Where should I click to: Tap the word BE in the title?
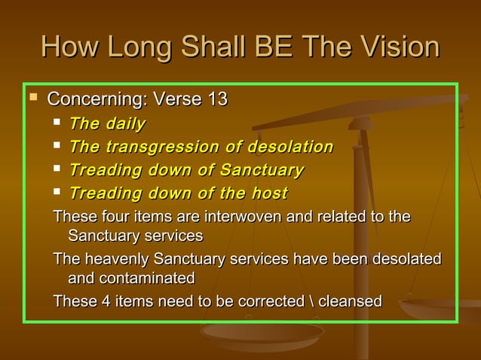[x=268, y=47]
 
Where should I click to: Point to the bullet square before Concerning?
[x=33, y=98]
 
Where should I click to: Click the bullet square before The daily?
[x=58, y=123]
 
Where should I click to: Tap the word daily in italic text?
[x=125, y=124]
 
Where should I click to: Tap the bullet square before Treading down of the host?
[x=58, y=193]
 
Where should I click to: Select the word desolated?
[x=405, y=260]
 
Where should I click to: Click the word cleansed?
[x=351, y=302]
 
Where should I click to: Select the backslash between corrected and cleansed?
[x=313, y=302]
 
